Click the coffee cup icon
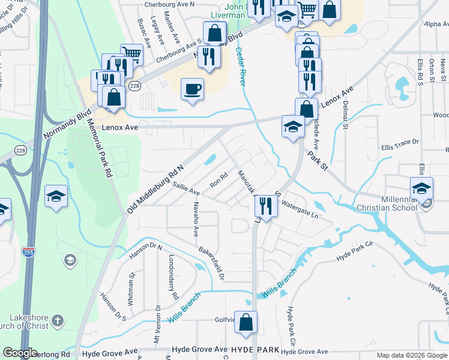click(192, 89)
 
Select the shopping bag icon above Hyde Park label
click(246, 322)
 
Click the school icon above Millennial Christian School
click(421, 188)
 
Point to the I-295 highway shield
click(28, 251)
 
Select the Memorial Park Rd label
click(100, 145)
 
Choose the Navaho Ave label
click(196, 220)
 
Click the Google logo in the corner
click(20, 353)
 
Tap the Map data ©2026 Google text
click(412, 355)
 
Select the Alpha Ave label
click(436, 24)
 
